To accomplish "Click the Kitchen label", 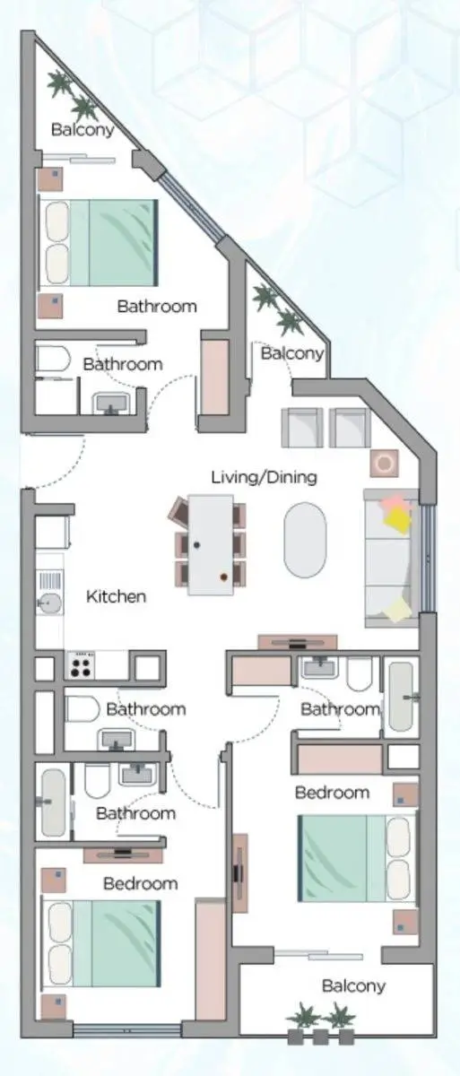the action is (116, 596).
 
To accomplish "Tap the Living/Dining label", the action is (265, 477).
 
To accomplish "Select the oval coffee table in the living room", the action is (305, 540).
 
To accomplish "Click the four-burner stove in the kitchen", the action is (80, 665).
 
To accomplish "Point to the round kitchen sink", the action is (50, 603).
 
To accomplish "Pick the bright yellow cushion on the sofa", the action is (397, 519).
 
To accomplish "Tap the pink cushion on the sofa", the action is (393, 502).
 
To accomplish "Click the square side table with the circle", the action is (384, 464).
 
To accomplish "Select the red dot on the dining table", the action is (223, 577).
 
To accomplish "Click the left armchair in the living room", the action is (301, 428).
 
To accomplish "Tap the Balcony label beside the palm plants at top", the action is (82, 130).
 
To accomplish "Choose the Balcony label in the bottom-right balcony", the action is (353, 986).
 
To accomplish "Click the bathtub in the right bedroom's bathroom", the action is (401, 697).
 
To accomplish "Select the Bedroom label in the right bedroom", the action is (332, 793).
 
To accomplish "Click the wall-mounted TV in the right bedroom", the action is (239, 872).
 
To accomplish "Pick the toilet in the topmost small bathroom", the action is (53, 359).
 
